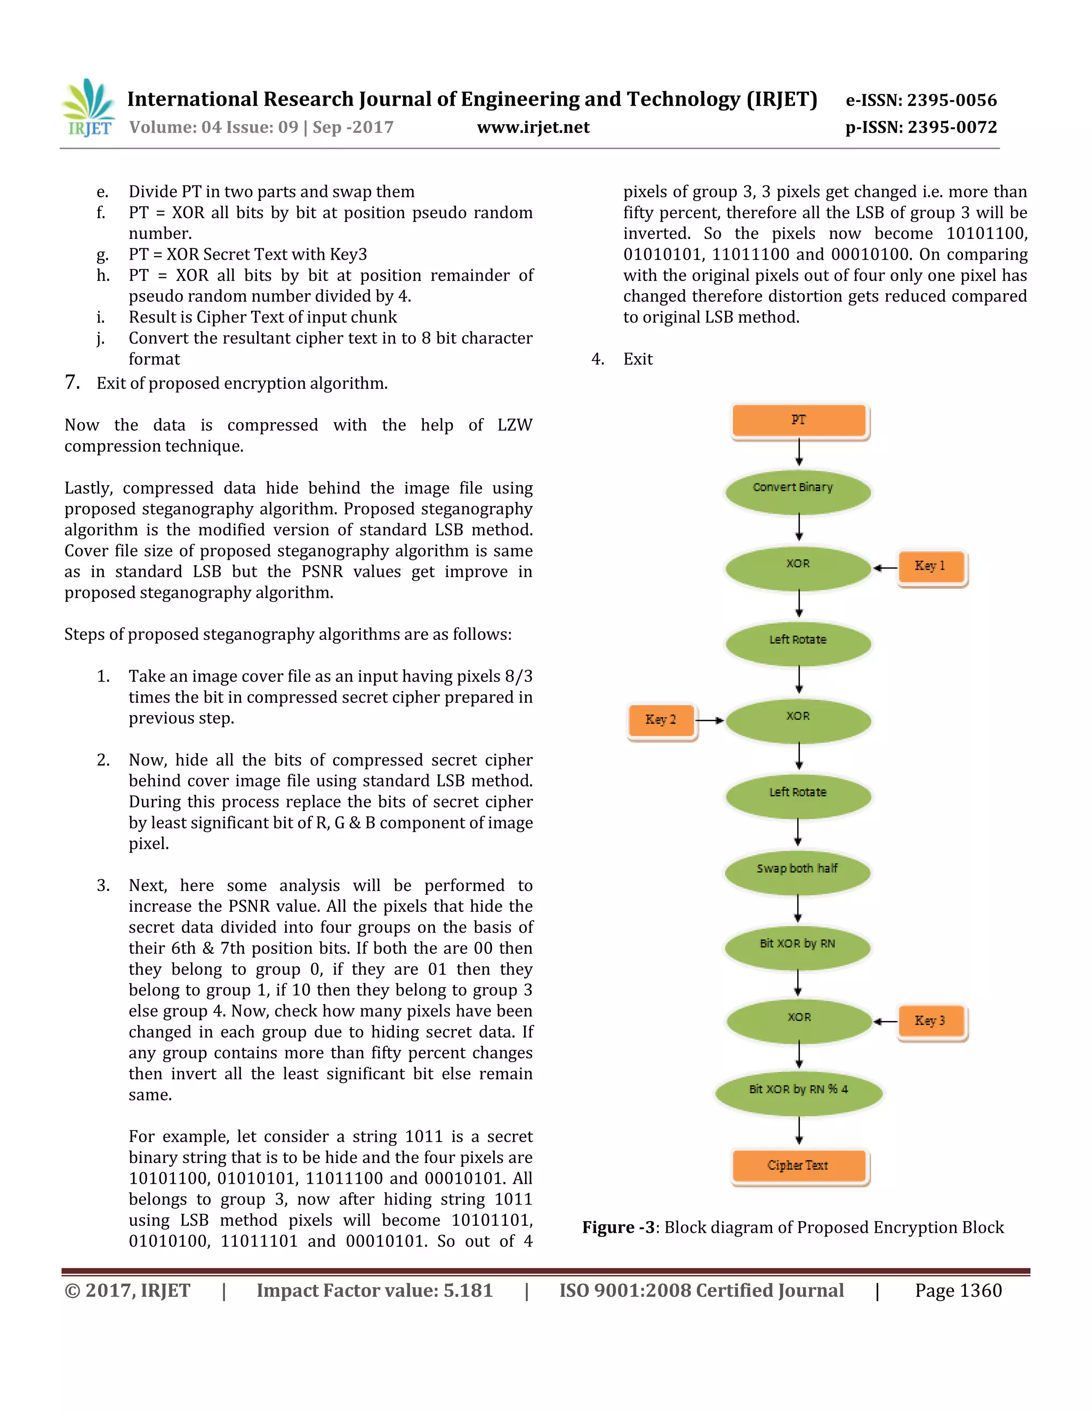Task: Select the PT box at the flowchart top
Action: tap(799, 421)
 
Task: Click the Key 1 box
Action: tap(930, 567)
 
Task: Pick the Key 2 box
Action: tap(661, 720)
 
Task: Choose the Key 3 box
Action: tap(930, 1022)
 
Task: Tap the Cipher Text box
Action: tap(799, 1167)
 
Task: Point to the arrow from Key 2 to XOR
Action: tap(710, 720)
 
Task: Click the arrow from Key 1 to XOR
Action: tap(885, 568)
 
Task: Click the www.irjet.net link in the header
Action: tap(533, 127)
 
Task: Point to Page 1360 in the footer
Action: tap(958, 1291)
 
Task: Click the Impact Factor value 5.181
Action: tap(468, 1291)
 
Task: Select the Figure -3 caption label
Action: tap(619, 1227)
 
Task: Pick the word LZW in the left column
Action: tap(515, 425)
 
